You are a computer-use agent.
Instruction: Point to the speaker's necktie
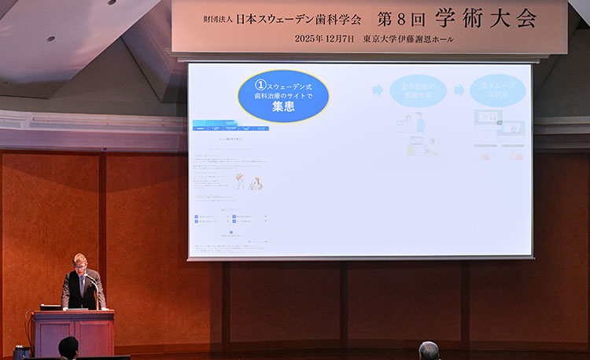click(x=81, y=285)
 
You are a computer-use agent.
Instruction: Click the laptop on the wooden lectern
click(x=52, y=307)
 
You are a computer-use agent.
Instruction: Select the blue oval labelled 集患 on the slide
click(x=283, y=97)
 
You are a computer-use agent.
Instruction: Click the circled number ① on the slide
click(x=260, y=84)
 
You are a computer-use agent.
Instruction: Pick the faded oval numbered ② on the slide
click(x=418, y=90)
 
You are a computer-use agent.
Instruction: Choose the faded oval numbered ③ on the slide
click(x=497, y=90)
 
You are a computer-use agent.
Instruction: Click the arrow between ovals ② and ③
click(x=459, y=90)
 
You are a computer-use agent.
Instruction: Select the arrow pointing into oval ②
click(x=378, y=90)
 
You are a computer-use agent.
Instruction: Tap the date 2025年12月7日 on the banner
click(x=324, y=39)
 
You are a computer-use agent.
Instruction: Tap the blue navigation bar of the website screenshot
click(x=231, y=128)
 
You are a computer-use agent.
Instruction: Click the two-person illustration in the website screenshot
click(x=249, y=182)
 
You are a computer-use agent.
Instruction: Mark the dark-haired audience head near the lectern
click(x=69, y=347)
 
